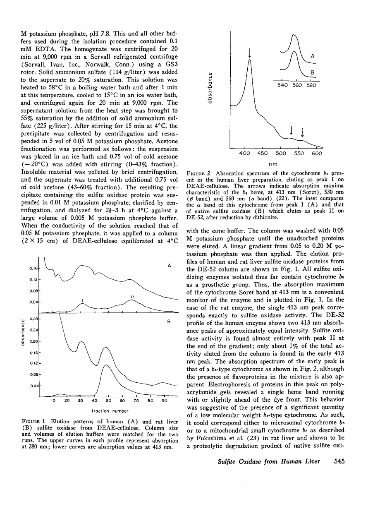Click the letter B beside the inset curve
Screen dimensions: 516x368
pyautogui.click(x=313, y=72)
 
